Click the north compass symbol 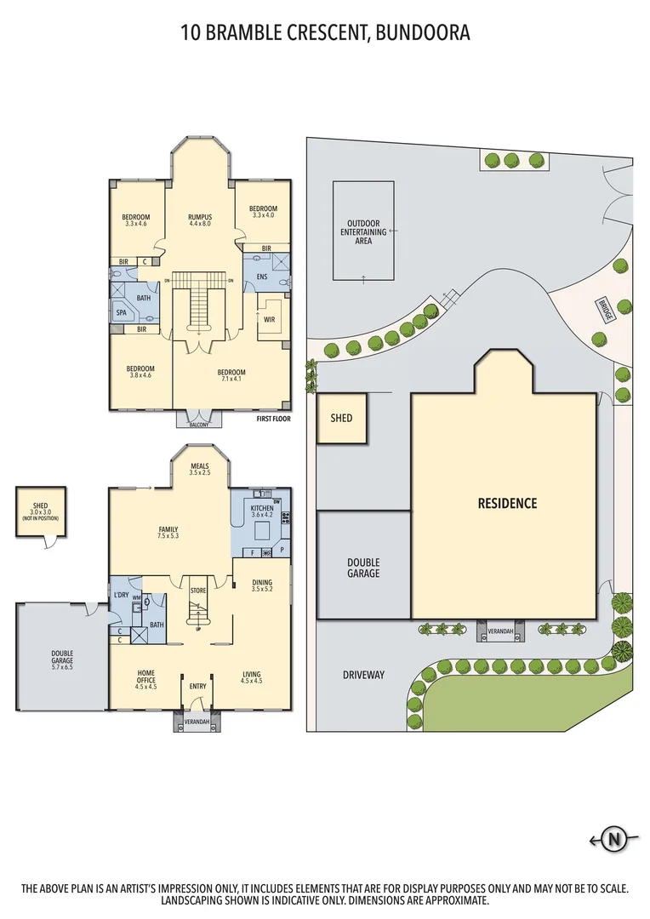tap(613, 841)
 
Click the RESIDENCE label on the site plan tap(507, 503)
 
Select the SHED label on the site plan tap(341, 418)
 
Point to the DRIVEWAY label tap(364, 675)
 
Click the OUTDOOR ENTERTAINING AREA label tap(363, 231)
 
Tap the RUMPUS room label tap(200, 217)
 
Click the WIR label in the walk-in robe tap(268, 320)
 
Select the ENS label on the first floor tap(262, 277)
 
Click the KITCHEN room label tap(262, 507)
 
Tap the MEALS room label tap(200, 466)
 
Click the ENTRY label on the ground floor tap(197, 686)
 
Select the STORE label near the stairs tap(198, 590)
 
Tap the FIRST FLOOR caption tap(273, 420)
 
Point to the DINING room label tap(262, 583)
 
